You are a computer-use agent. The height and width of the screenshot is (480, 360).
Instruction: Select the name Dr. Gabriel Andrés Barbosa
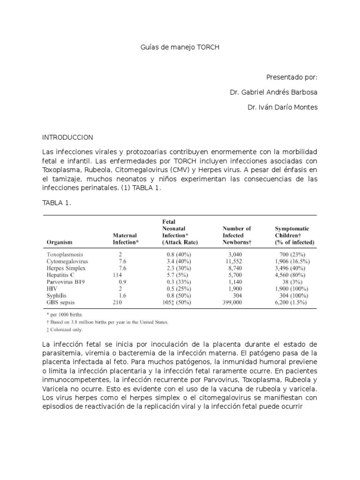click(x=273, y=92)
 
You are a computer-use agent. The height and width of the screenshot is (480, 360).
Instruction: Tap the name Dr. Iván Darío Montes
click(x=282, y=107)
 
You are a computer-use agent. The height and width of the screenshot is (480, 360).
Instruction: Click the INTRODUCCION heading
click(x=68, y=137)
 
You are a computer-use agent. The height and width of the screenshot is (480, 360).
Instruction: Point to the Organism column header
click(x=60, y=242)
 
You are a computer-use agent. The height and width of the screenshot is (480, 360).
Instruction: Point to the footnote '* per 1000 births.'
click(x=67, y=315)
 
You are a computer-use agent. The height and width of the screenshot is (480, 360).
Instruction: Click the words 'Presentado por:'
click(x=292, y=77)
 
